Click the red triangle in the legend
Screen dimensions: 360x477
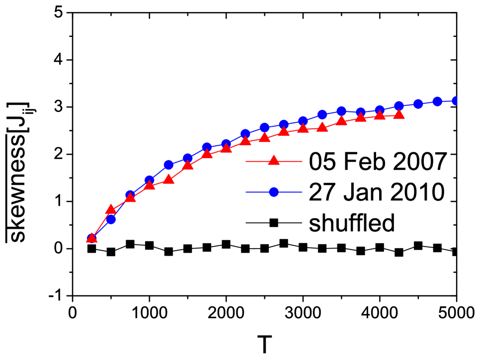click(x=274, y=161)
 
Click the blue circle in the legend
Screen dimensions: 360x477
click(x=274, y=192)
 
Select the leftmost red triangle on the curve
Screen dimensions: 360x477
click(x=91, y=238)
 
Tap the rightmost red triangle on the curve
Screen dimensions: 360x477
click(x=399, y=115)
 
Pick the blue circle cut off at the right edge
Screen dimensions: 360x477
click(x=455, y=101)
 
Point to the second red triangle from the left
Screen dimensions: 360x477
click(x=111, y=209)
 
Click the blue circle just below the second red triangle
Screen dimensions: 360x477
click(x=111, y=219)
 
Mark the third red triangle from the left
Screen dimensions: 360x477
click(x=130, y=197)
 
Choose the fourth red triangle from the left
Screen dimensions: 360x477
click(x=150, y=185)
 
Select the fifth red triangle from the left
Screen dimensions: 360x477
click(x=169, y=179)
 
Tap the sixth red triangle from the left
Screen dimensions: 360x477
click(x=188, y=166)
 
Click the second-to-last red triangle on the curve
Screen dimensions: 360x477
click(x=380, y=116)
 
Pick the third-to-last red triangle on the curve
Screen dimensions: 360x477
click(x=361, y=118)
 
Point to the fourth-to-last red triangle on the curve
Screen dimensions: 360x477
click(x=341, y=121)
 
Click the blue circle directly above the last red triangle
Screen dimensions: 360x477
click(x=399, y=106)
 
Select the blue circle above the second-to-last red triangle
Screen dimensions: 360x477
click(x=380, y=110)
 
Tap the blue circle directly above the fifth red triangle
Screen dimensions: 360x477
click(x=169, y=165)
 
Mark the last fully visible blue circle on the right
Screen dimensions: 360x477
click(x=437, y=101)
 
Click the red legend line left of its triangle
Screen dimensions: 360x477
click(x=256, y=161)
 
